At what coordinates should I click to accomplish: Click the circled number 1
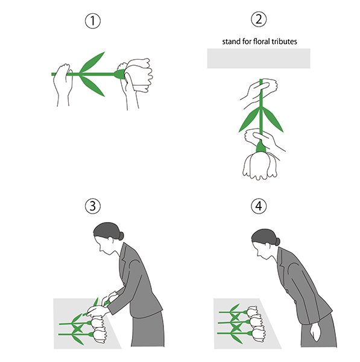pos(93,21)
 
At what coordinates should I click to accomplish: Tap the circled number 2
pos(259,19)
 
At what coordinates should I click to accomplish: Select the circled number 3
pos(93,206)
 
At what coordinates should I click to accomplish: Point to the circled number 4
pos(259,206)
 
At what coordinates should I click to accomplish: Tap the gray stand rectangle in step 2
pos(259,58)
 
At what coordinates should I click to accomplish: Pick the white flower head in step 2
pos(260,165)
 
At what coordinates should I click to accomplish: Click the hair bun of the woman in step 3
pos(121,236)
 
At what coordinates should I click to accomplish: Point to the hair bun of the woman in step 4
pos(277,241)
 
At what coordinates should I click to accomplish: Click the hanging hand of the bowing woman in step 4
pos(315,332)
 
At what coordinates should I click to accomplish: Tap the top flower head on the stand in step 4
pos(253,311)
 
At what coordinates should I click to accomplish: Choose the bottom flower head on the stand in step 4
pos(258,334)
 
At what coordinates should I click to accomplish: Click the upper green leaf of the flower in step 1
pos(92,62)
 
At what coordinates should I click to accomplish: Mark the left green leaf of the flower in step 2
pos(249,120)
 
